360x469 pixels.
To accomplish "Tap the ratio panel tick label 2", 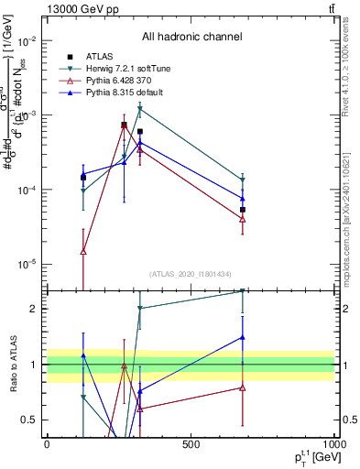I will (x=34, y=309).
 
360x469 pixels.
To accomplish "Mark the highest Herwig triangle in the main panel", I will (x=139, y=108).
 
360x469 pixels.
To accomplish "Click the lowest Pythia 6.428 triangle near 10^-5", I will (x=83, y=251).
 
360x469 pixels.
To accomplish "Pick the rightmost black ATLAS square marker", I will (x=243, y=210).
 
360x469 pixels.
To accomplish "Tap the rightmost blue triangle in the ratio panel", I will (x=243, y=337).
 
